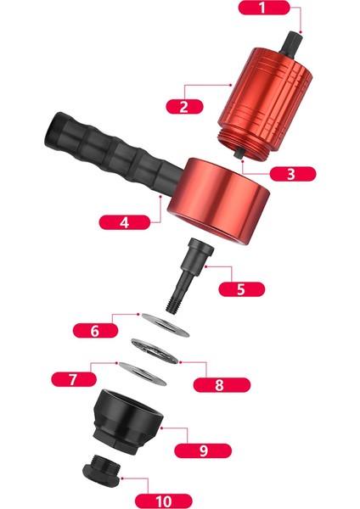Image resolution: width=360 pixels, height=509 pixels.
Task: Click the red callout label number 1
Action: (x=262, y=9)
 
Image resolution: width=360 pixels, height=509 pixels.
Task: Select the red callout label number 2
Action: (x=183, y=106)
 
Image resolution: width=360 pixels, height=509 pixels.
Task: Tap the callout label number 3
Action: (x=290, y=173)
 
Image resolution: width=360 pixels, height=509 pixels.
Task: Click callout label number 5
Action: (x=240, y=288)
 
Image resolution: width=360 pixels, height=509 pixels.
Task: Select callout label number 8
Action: (x=219, y=383)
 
